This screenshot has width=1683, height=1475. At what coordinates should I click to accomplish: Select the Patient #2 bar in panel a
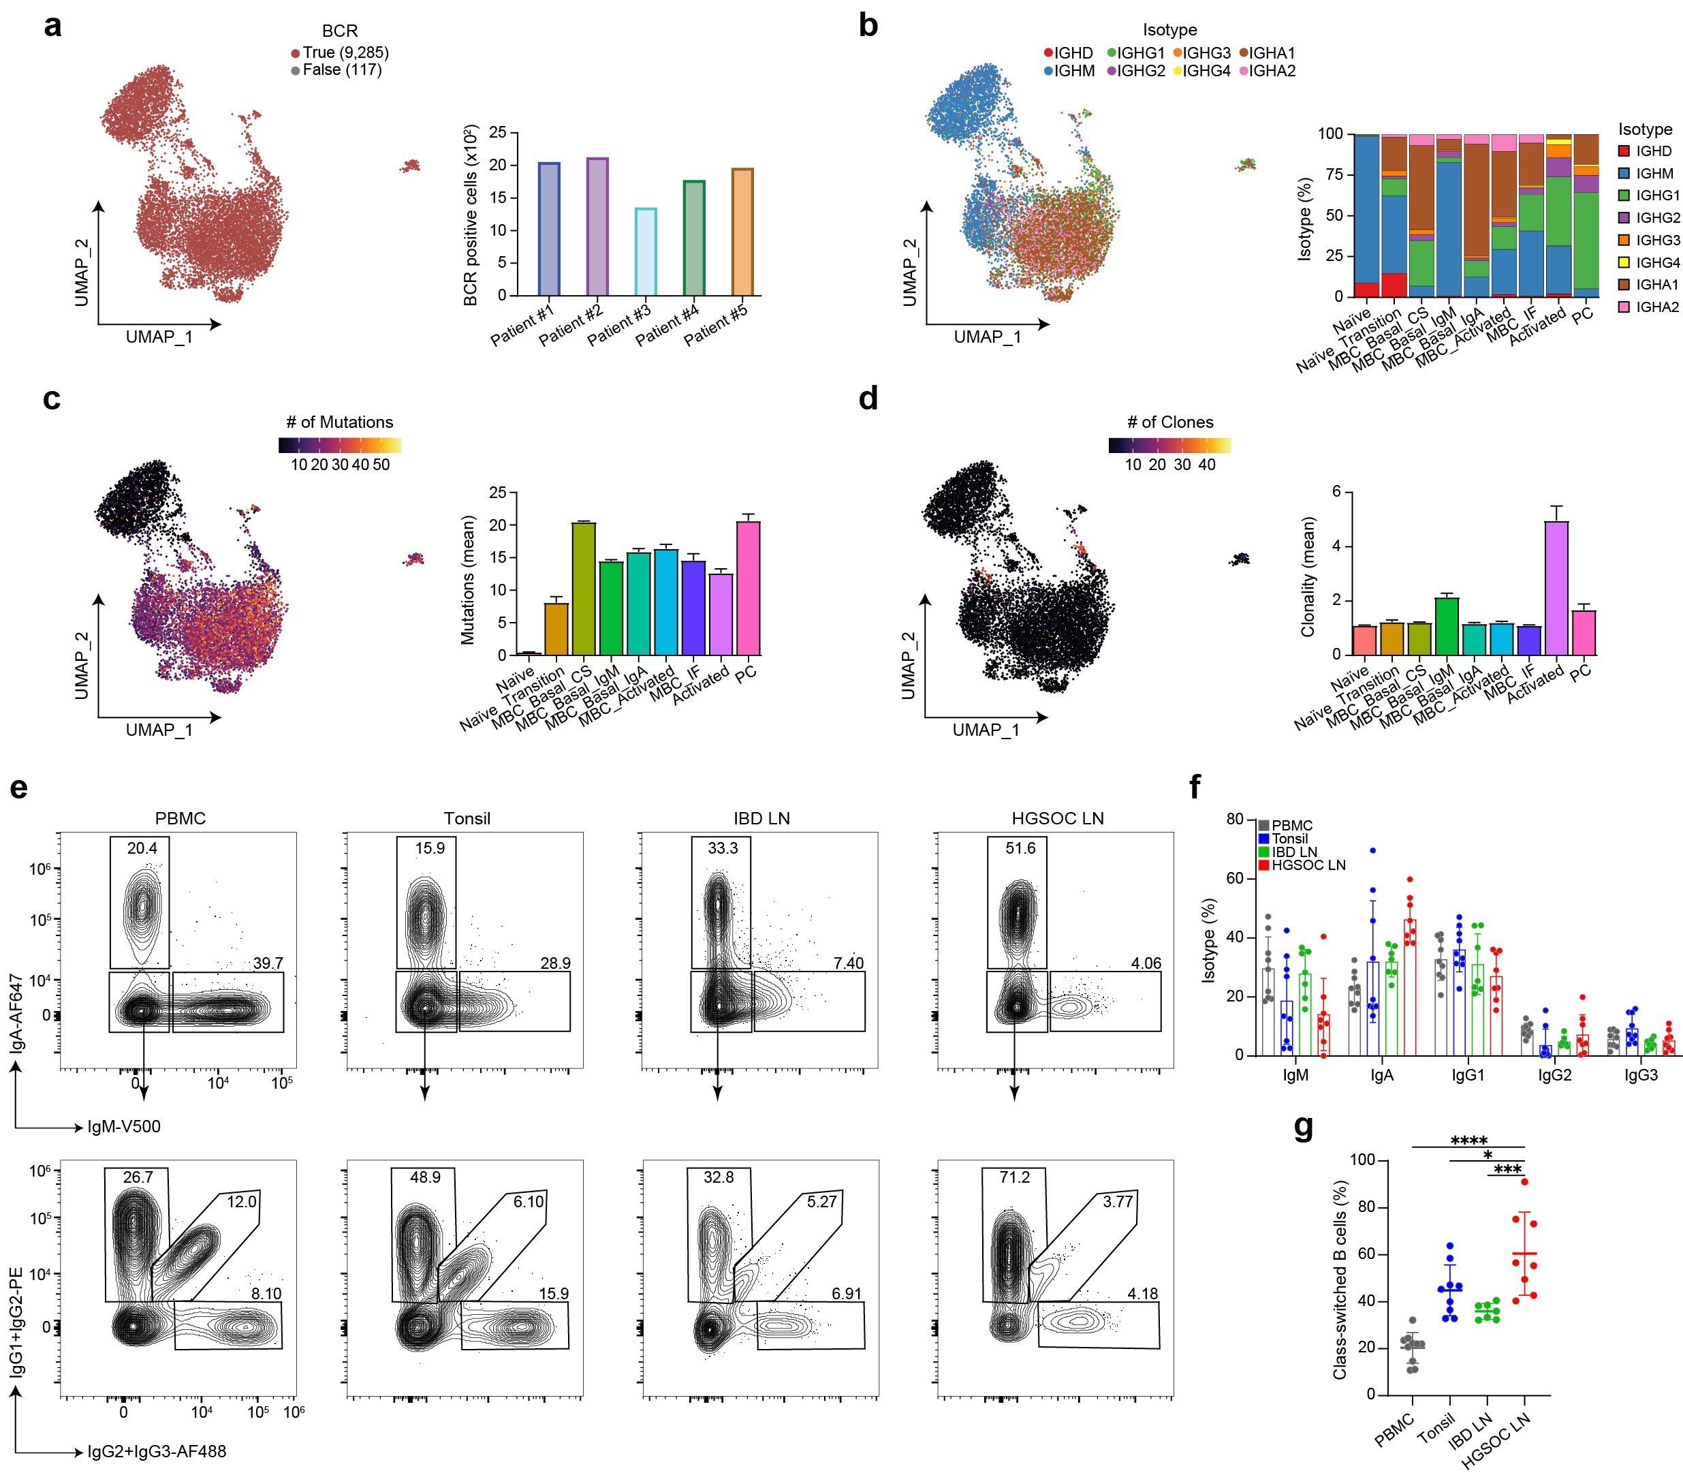597,226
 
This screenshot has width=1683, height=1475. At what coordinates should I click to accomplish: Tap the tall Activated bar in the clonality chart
1556,588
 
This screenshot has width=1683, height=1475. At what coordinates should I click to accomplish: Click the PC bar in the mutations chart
747,588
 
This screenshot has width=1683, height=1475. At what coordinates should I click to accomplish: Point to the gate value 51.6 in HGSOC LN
1020,849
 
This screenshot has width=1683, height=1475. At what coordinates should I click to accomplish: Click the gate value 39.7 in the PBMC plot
268,963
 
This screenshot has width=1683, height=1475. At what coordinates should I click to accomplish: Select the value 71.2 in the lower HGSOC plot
1014,1178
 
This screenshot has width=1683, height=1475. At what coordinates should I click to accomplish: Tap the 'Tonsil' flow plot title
467,819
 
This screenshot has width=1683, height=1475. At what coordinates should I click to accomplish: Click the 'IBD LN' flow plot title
761,819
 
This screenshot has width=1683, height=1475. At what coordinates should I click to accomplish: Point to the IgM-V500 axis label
123,1127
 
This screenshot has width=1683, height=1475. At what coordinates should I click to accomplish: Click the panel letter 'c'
52,399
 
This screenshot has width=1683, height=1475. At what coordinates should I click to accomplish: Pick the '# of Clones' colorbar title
1169,422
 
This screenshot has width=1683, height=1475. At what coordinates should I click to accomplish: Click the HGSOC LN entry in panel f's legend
1308,865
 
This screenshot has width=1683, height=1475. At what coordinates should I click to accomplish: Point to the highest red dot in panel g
1524,1182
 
